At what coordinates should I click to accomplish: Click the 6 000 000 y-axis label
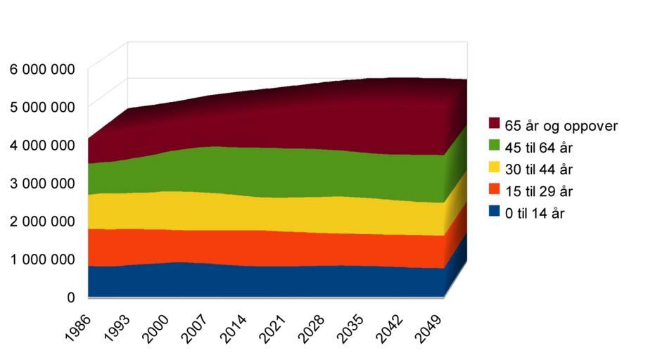[42, 69]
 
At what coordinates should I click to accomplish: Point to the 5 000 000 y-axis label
[42, 107]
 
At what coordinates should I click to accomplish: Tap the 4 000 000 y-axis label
[42, 145]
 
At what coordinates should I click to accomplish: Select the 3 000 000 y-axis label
[42, 183]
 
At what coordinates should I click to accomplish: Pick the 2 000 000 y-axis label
[42, 221]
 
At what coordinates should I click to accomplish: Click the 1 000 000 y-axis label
[42, 259]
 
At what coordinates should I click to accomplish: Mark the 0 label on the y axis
[71, 297]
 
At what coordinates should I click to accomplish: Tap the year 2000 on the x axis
[157, 327]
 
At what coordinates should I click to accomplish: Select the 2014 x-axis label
[236, 327]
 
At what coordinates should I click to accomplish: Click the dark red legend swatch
[495, 123]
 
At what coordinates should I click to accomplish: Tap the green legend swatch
[495, 146]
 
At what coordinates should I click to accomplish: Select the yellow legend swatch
[495, 167]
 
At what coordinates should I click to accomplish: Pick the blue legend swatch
[495, 211]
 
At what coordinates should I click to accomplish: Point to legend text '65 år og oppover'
[561, 126]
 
